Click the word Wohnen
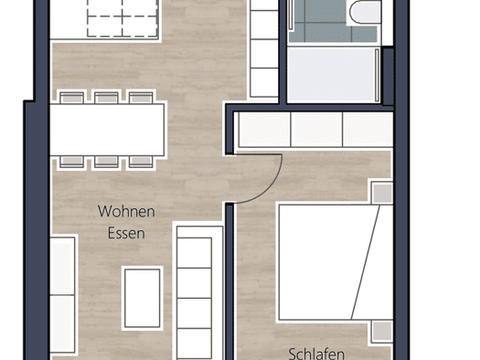point(126,211)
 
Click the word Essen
point(126,233)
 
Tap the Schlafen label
point(316,354)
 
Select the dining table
point(107,130)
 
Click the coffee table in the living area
point(143,298)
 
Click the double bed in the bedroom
point(336,262)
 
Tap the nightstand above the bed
point(382,193)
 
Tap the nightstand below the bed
point(382,332)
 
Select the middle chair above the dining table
point(106,98)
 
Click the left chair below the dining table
point(71,162)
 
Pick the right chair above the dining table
point(141,98)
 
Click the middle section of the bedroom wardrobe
point(316,129)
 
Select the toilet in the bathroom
point(364,12)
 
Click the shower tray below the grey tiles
point(333,75)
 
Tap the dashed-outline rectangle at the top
point(123,18)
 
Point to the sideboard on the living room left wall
point(62,295)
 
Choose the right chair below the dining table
point(141,162)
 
